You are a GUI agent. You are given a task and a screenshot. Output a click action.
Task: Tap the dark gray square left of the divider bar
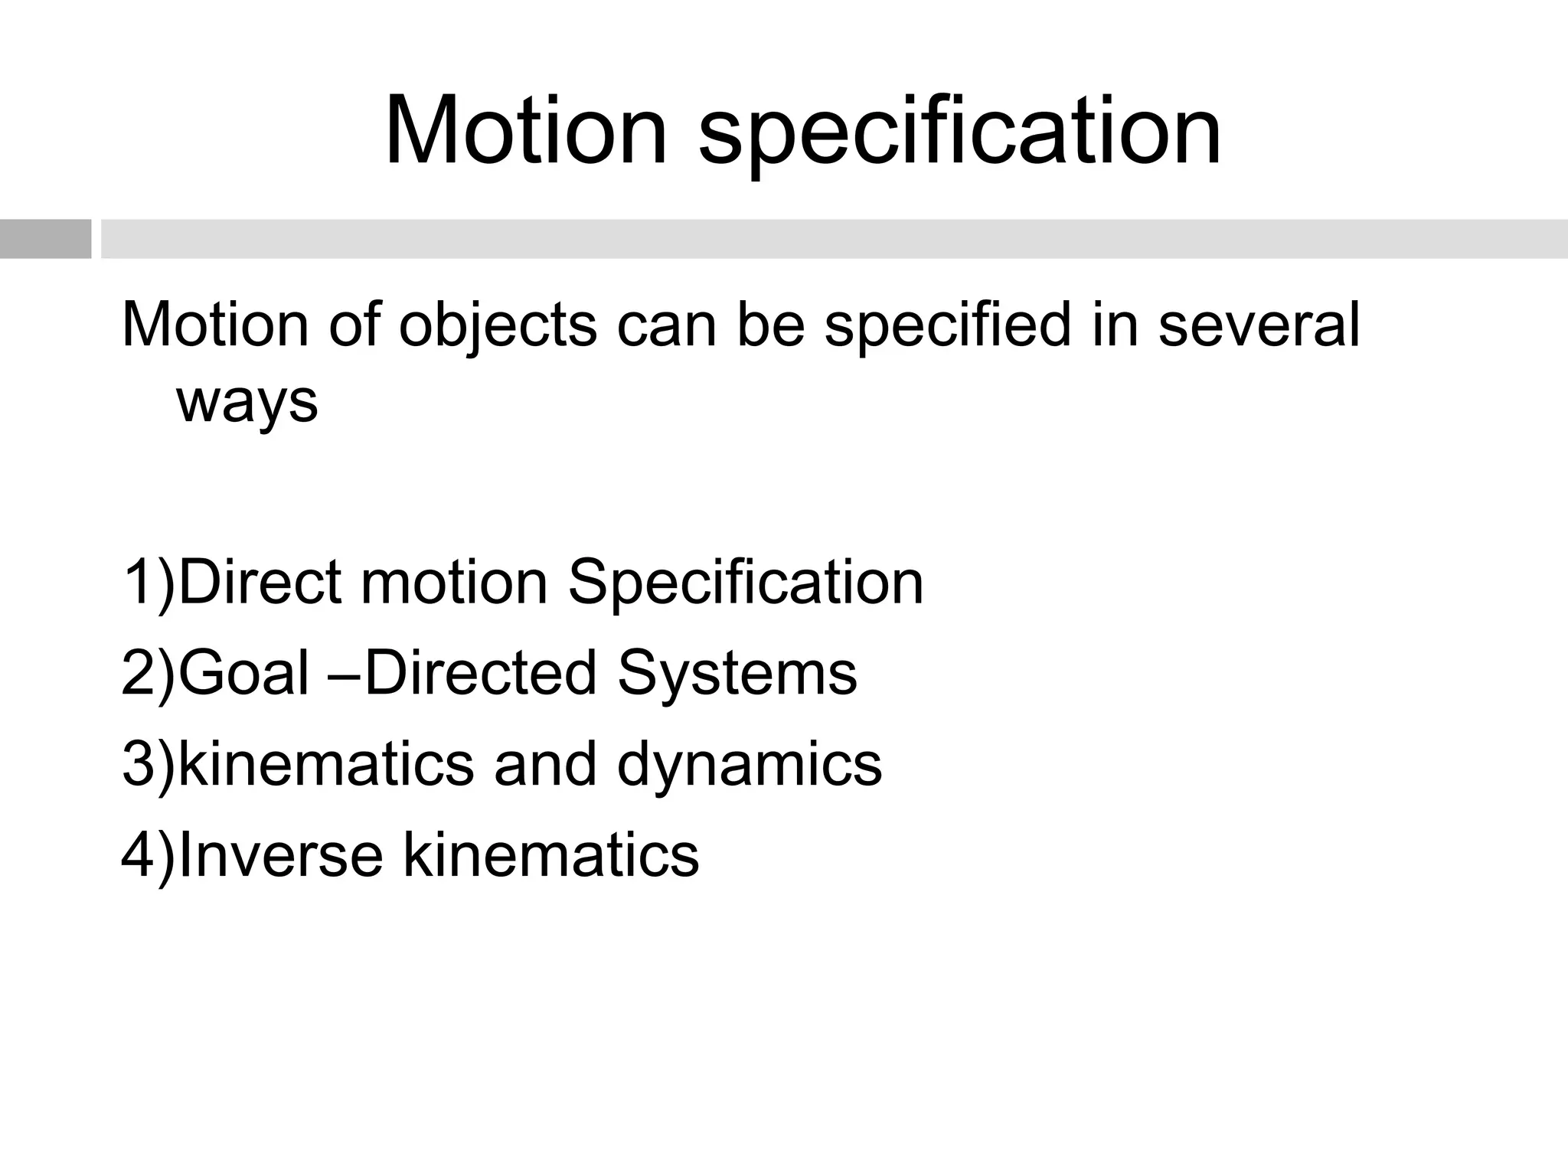45,239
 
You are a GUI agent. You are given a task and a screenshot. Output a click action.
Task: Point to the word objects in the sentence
497,325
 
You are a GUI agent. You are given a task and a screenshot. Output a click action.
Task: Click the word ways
247,402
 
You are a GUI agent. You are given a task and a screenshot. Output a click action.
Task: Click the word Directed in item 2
480,672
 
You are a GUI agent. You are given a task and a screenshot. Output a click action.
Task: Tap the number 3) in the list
148,764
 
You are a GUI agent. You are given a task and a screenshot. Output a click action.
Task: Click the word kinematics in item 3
325,764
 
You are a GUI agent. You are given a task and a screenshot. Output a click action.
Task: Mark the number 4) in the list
148,855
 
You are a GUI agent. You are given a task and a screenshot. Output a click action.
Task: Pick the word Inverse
279,854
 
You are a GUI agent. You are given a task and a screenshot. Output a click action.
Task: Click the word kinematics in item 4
550,854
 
